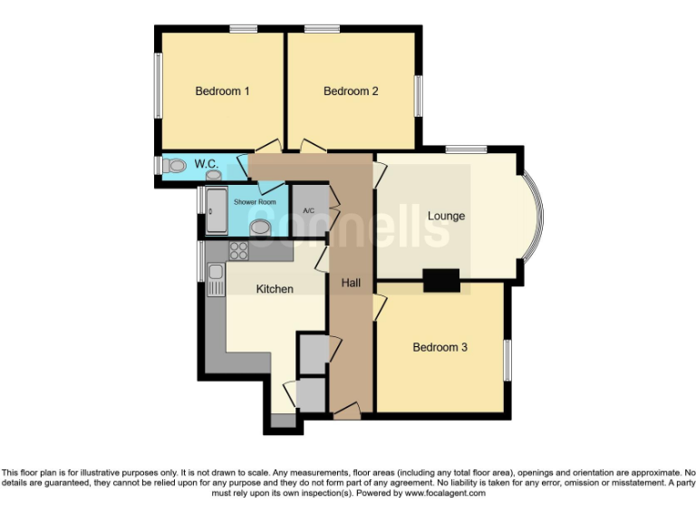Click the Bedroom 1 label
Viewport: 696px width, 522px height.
pyautogui.click(x=222, y=91)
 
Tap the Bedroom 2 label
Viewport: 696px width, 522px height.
pyautogui.click(x=351, y=91)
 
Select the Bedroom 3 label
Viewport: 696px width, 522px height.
pyautogui.click(x=440, y=347)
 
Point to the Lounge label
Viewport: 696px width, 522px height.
pyautogui.click(x=446, y=216)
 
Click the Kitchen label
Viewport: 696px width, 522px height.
pyautogui.click(x=275, y=289)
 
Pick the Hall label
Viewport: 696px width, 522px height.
pyautogui.click(x=351, y=284)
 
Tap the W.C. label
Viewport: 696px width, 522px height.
pyautogui.click(x=205, y=163)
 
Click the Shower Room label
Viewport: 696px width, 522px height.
pyautogui.click(x=255, y=202)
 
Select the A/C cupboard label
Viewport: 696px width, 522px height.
pyautogui.click(x=308, y=211)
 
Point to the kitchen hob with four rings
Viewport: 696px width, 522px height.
pyautogui.click(x=238, y=251)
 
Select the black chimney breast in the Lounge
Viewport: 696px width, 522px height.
pyautogui.click(x=441, y=281)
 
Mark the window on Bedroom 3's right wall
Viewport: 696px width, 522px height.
pyautogui.click(x=507, y=360)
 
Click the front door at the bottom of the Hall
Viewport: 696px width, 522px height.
pyautogui.click(x=346, y=414)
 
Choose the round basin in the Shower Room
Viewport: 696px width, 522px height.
pyautogui.click(x=261, y=227)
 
